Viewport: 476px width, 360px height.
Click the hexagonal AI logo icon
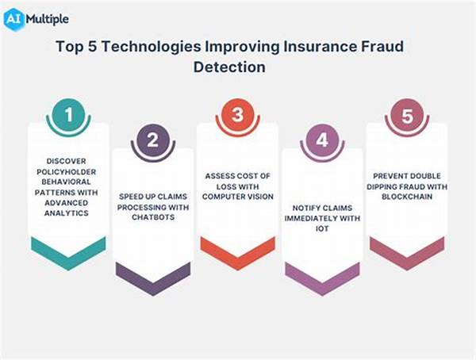[x=13, y=19]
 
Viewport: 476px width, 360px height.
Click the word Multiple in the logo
[x=48, y=19]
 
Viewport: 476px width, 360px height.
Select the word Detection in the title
[x=229, y=67]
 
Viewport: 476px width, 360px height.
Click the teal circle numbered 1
[x=68, y=115]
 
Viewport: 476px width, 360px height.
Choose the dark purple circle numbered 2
[x=153, y=140]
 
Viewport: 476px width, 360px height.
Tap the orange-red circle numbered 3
[x=238, y=115]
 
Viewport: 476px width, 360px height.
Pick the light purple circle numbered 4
[x=322, y=140]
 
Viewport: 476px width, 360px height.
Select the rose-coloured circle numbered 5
[x=407, y=115]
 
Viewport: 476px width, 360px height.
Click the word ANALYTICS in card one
[x=67, y=213]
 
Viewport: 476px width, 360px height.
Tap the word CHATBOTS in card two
[x=153, y=217]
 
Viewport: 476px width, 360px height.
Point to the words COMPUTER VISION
[x=238, y=197]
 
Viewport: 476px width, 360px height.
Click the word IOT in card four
[x=322, y=228]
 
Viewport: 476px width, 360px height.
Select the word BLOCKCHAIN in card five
[x=407, y=197]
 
